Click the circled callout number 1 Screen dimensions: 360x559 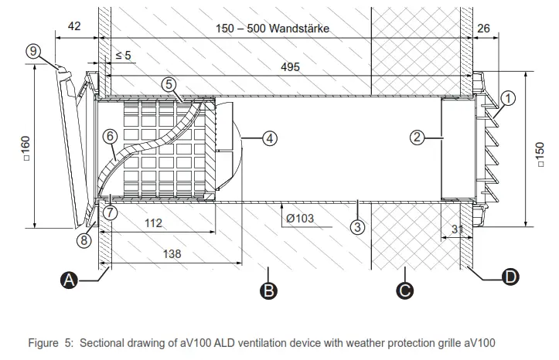507,98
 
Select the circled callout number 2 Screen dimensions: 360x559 417,138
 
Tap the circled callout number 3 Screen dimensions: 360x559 356,227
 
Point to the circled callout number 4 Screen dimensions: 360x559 268,139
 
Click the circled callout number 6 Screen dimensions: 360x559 110,134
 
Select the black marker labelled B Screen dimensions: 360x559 268,291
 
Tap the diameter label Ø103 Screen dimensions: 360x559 299,218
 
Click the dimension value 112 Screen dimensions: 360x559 152,223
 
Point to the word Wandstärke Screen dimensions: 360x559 296,29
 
